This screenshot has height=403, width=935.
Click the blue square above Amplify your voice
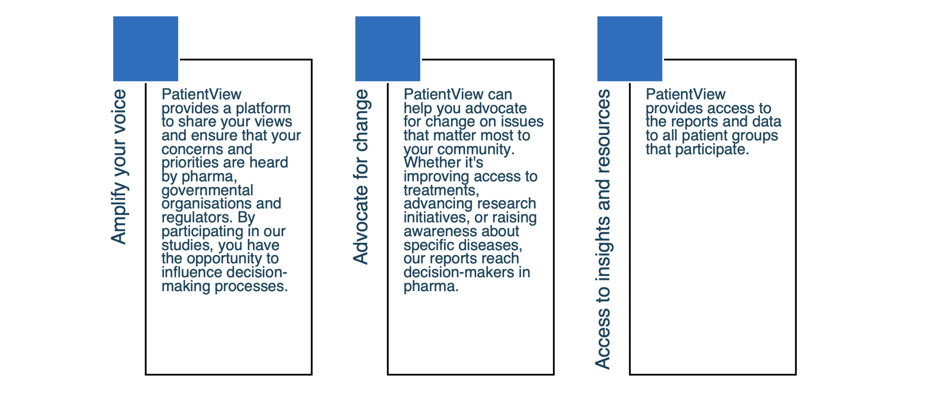tap(146, 49)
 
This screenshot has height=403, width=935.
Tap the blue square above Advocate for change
tap(388, 49)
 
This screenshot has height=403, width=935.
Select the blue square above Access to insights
tap(630, 49)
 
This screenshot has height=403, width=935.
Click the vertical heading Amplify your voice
tap(119, 167)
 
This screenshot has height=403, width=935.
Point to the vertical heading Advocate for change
tap(361, 177)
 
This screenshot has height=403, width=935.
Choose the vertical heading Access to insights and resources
tap(603, 229)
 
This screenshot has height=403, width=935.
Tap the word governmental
tap(207, 191)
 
